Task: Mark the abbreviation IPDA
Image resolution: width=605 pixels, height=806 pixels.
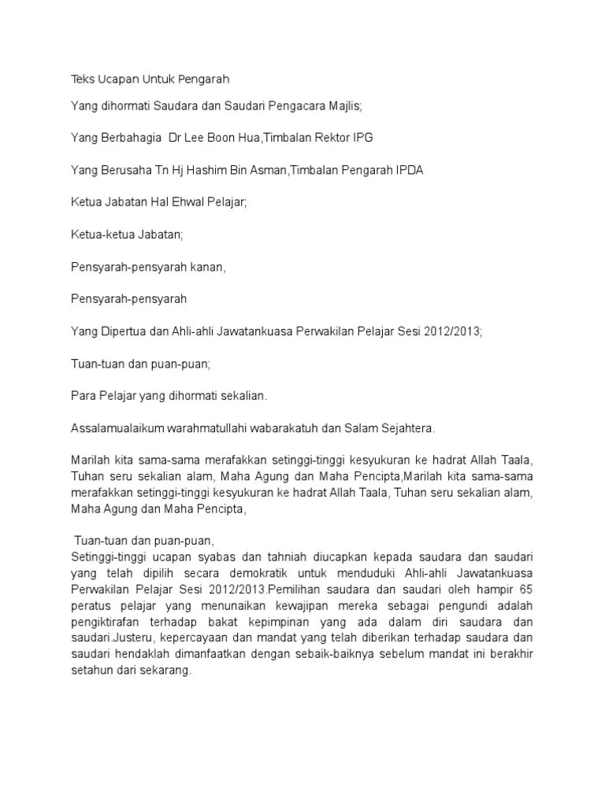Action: click(408, 170)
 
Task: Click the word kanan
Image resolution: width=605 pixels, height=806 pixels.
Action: click(206, 267)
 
